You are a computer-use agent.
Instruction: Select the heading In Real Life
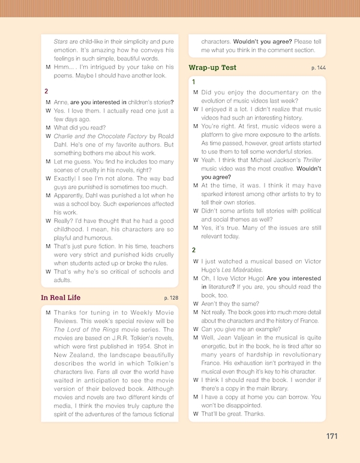61,298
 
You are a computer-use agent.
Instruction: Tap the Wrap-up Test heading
212,68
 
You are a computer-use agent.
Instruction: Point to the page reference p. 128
171,298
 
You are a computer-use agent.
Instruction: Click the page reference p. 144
319,68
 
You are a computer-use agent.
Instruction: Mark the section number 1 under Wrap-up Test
193,82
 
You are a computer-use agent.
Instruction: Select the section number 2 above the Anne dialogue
46,91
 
